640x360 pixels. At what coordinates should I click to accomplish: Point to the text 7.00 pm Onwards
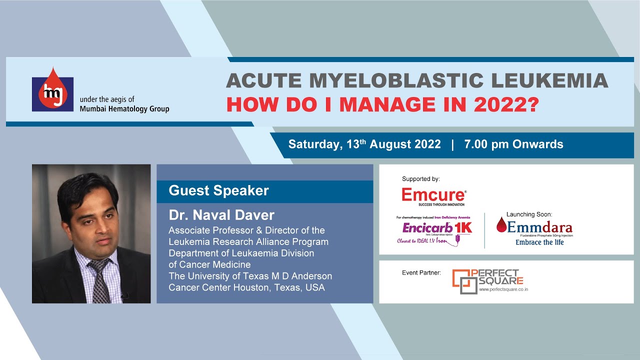coord(513,144)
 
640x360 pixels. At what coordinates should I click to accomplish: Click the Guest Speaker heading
coord(218,190)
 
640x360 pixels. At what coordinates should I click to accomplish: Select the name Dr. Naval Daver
coord(221,215)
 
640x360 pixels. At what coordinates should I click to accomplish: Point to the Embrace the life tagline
coord(539,242)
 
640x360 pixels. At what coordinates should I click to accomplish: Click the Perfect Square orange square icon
coord(462,282)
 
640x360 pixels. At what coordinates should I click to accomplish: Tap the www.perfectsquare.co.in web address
coord(503,289)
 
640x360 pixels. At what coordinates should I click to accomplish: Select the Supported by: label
coord(417,179)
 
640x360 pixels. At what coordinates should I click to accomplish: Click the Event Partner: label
coord(421,273)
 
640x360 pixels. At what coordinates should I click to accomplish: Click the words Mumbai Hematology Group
coord(124,109)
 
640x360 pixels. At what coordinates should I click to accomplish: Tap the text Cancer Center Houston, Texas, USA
coord(246,287)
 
